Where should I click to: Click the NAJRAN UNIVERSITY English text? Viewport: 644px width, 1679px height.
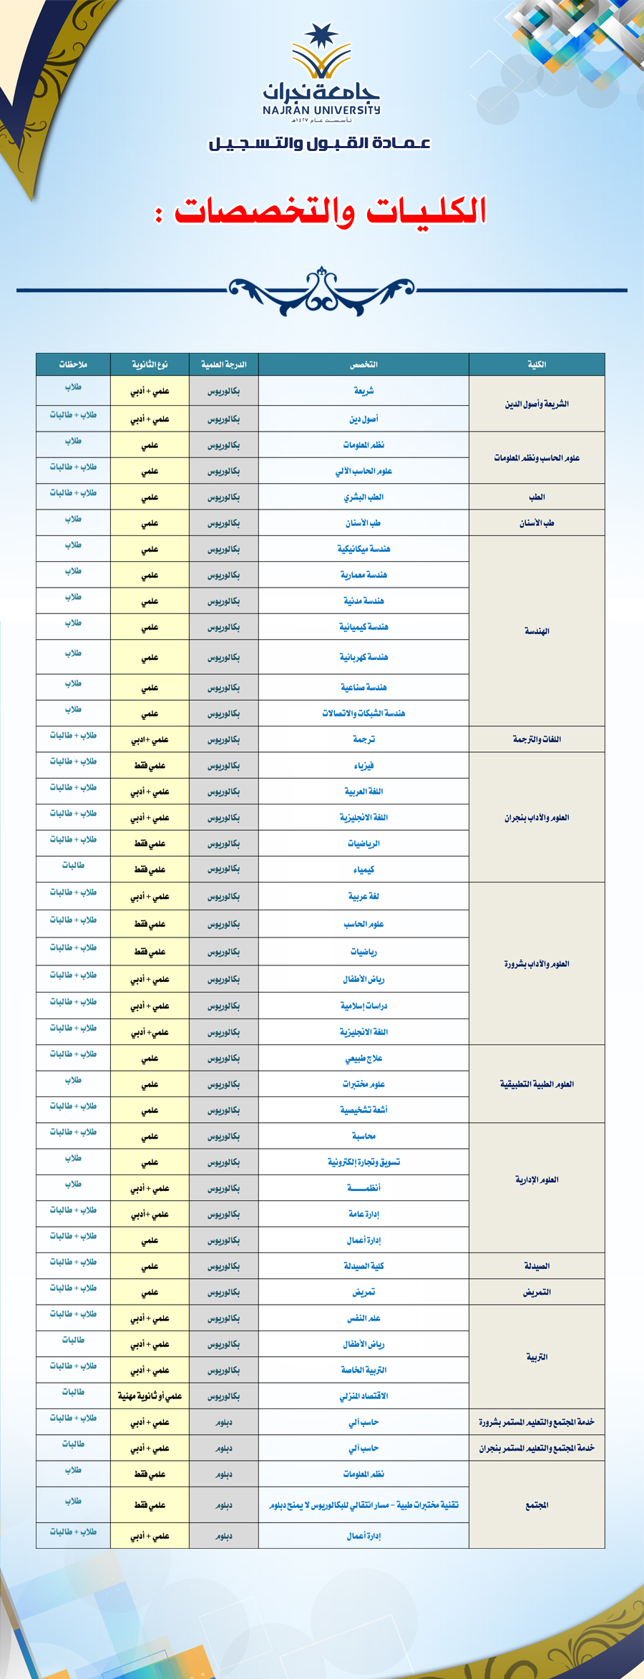(x=321, y=110)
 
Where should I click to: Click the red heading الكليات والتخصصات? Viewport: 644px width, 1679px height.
(x=331, y=210)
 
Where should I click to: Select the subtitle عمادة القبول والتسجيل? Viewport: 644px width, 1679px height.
(x=320, y=143)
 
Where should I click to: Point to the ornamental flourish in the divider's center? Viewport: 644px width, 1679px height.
(x=321, y=290)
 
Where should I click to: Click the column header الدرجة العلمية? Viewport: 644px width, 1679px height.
(x=223, y=364)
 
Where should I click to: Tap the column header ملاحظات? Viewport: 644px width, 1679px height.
(x=73, y=364)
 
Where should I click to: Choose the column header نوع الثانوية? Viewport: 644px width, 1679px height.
(x=150, y=364)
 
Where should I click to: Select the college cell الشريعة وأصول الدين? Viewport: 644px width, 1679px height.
(x=537, y=404)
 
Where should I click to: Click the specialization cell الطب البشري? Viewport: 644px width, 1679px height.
(x=364, y=497)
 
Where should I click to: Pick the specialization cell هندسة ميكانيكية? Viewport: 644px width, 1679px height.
(x=364, y=549)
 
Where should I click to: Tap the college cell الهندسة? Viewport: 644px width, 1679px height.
(x=537, y=631)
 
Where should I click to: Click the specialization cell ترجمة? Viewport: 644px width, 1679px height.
(x=364, y=739)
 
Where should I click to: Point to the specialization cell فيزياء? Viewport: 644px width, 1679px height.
(x=364, y=766)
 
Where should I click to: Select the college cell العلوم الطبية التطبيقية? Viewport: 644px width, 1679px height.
(x=537, y=1084)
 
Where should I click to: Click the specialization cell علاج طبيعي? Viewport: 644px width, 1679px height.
(x=364, y=1058)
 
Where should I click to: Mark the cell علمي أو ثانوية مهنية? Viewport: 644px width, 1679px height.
(x=150, y=1396)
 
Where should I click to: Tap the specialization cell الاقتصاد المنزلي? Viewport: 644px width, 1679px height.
(x=364, y=1396)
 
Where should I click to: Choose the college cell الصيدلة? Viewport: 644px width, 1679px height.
(x=537, y=1266)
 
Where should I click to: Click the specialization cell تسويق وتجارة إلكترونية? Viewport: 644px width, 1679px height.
(x=364, y=1162)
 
